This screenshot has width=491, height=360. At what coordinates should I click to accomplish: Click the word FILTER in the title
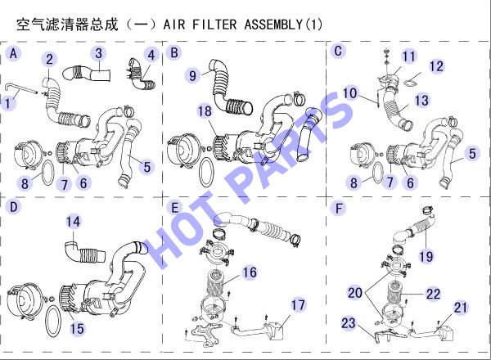(214, 25)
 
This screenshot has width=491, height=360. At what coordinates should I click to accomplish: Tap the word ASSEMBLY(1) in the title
(283, 25)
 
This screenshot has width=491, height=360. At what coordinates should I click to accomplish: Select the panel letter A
(13, 53)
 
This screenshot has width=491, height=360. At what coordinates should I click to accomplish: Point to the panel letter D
(13, 207)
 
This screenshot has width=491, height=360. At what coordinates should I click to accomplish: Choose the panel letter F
(339, 209)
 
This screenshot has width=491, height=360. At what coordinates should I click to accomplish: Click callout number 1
(8, 103)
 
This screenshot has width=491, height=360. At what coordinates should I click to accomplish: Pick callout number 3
(99, 53)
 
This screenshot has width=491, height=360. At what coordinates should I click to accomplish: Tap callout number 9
(192, 75)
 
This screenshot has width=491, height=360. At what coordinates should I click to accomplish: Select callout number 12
(436, 66)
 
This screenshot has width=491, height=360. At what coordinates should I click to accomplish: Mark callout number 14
(73, 222)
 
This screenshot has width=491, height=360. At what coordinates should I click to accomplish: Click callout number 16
(250, 272)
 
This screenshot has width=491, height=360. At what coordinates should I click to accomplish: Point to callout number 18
(205, 111)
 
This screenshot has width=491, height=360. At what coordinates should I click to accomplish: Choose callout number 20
(355, 293)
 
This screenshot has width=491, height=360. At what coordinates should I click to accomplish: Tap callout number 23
(349, 323)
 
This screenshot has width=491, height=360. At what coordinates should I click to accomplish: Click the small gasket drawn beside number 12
(412, 81)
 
